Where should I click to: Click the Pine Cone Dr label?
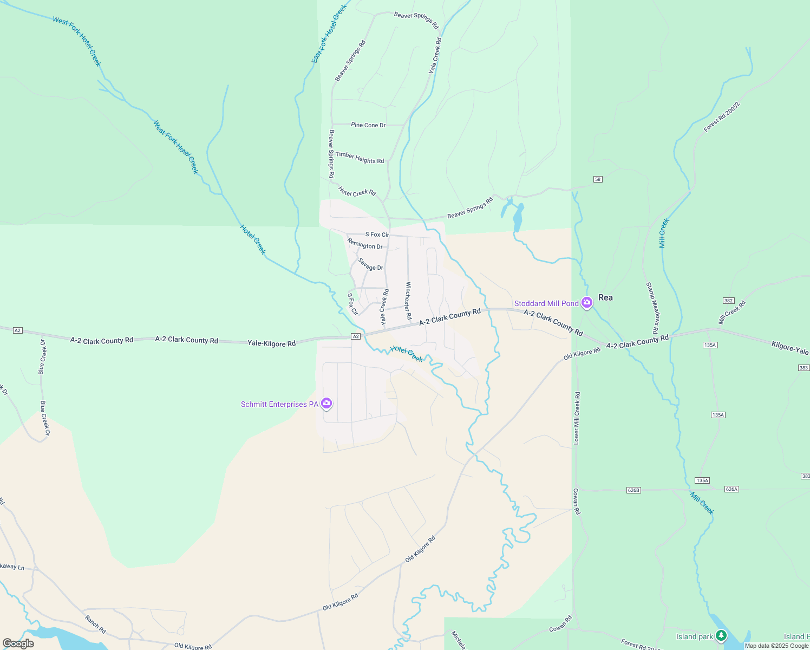tap(368, 125)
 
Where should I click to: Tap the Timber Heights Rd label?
tap(360, 158)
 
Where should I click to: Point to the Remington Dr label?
tap(365, 244)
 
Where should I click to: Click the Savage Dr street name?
tap(370, 264)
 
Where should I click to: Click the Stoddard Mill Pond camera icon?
tap(586, 303)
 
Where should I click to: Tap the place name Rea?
tap(605, 297)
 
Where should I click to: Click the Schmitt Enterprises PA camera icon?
tap(326, 404)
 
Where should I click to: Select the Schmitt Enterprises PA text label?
tap(279, 404)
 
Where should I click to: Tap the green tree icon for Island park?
tap(721, 635)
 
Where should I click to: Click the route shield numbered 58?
tap(598, 179)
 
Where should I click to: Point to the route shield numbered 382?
tap(728, 300)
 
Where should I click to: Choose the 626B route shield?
tap(633, 490)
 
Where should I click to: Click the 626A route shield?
tap(731, 489)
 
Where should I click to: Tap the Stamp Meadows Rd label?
tap(652, 308)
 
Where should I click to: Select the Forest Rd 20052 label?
tap(722, 116)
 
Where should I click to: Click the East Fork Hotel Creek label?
tap(329, 34)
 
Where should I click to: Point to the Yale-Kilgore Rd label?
tap(271, 343)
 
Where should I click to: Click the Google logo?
tap(18, 643)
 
